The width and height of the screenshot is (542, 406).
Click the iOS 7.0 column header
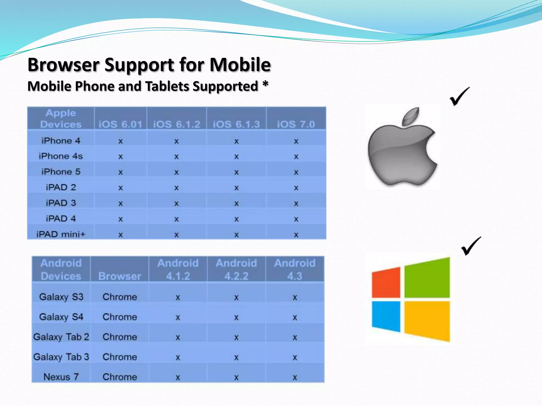pos(296,124)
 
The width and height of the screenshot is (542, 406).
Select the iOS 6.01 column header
pos(120,124)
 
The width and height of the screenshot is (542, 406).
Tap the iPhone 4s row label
pos(61,156)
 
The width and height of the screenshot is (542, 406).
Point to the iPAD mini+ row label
pos(61,234)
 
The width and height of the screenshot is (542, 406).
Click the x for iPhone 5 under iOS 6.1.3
pos(236,172)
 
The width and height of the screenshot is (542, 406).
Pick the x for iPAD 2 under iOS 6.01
pos(120,188)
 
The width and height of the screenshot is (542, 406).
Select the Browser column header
pos(120,276)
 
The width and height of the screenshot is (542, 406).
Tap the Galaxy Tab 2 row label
pos(61,337)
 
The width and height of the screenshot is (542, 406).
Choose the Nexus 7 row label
pos(61,377)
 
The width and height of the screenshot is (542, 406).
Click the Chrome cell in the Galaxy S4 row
pos(120,317)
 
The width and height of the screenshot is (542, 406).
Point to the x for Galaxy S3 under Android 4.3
pos(295,298)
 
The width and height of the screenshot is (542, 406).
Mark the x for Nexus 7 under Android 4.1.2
pos(178,377)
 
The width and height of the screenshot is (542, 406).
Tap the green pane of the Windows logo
pos(427,278)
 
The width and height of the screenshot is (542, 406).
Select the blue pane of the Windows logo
pos(386,316)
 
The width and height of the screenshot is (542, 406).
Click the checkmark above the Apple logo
pos(459,97)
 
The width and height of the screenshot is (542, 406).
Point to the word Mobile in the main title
pos(240,65)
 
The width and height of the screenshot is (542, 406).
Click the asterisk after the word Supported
pos(265,85)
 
